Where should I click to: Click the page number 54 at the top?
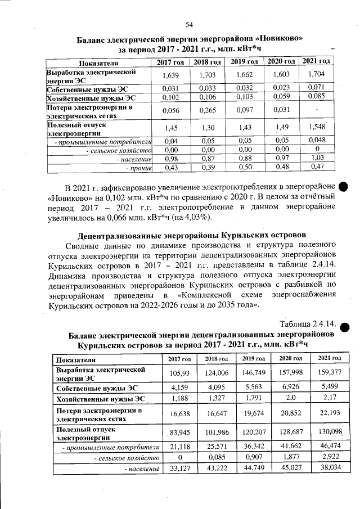pyautogui.click(x=189, y=24)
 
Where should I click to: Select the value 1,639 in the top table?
pyautogui.click(x=169, y=75)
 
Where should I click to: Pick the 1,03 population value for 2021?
pyautogui.click(x=318, y=159)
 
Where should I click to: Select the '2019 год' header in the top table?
pyautogui.click(x=244, y=61)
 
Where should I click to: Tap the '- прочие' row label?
pyautogui.click(x=137, y=168)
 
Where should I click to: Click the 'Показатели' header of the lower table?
pyautogui.click(x=76, y=359)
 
